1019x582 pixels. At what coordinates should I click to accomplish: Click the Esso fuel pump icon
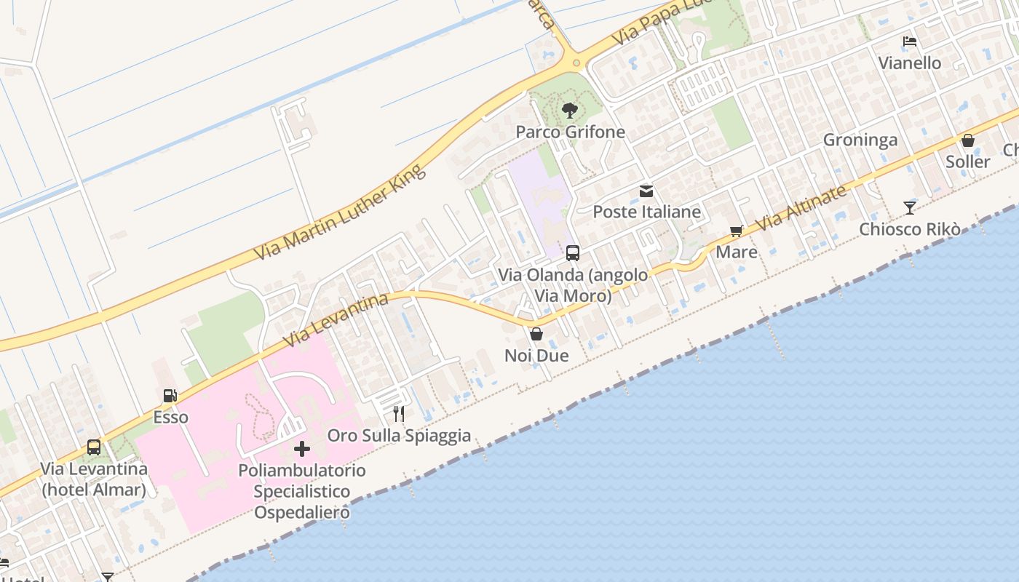click(170, 396)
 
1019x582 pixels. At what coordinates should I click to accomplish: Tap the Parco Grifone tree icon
click(570, 111)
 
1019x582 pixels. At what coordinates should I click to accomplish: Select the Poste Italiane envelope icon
click(646, 191)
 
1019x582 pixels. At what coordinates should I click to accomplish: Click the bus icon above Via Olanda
click(573, 253)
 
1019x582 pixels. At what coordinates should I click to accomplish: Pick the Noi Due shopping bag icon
click(536, 334)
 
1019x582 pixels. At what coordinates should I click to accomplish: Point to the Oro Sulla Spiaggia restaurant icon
click(398, 414)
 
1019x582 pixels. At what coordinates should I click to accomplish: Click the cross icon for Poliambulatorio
click(301, 449)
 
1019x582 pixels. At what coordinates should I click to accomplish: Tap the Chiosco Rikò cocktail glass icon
click(910, 208)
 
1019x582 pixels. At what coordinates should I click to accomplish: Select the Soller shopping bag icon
click(968, 140)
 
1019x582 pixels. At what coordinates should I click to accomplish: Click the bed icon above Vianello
click(910, 41)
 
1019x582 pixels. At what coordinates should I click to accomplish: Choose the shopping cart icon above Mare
click(737, 231)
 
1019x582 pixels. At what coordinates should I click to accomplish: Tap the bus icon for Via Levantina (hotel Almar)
click(94, 447)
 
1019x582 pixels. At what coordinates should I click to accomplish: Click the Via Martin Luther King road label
click(339, 213)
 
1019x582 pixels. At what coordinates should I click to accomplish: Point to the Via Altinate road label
click(801, 208)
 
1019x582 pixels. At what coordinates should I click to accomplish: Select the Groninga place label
click(860, 140)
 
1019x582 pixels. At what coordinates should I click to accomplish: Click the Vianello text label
click(910, 63)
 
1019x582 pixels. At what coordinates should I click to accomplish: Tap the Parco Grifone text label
click(570, 132)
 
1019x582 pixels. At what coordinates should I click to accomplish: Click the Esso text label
click(170, 418)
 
